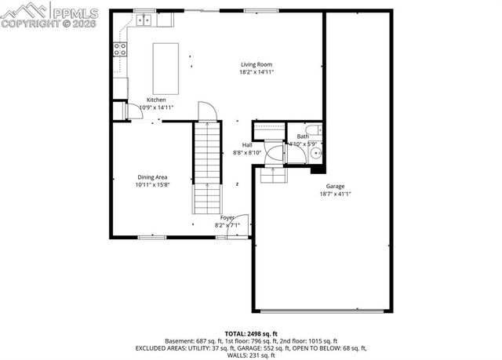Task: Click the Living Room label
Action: click(x=256, y=64)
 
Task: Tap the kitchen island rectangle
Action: click(x=166, y=68)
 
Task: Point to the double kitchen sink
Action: click(x=144, y=18)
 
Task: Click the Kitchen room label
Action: click(x=155, y=100)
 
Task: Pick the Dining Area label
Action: click(x=151, y=177)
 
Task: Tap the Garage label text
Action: click(x=335, y=186)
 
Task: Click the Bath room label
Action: click(x=303, y=136)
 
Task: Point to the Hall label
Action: click(x=247, y=145)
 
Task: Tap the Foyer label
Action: click(x=227, y=217)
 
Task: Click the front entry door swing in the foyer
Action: click(x=242, y=224)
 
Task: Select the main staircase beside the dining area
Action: click(x=206, y=169)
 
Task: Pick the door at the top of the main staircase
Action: click(x=206, y=111)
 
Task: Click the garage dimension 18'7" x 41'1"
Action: click(x=335, y=194)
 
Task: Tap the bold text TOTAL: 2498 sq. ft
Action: click(x=251, y=333)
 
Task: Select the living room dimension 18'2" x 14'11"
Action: click(x=256, y=72)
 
